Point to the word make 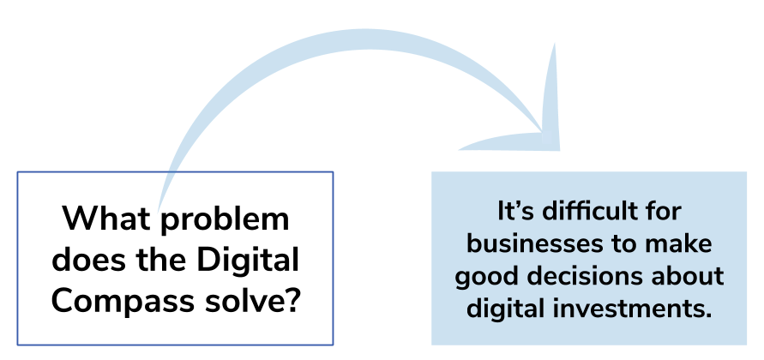[x=683, y=243]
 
